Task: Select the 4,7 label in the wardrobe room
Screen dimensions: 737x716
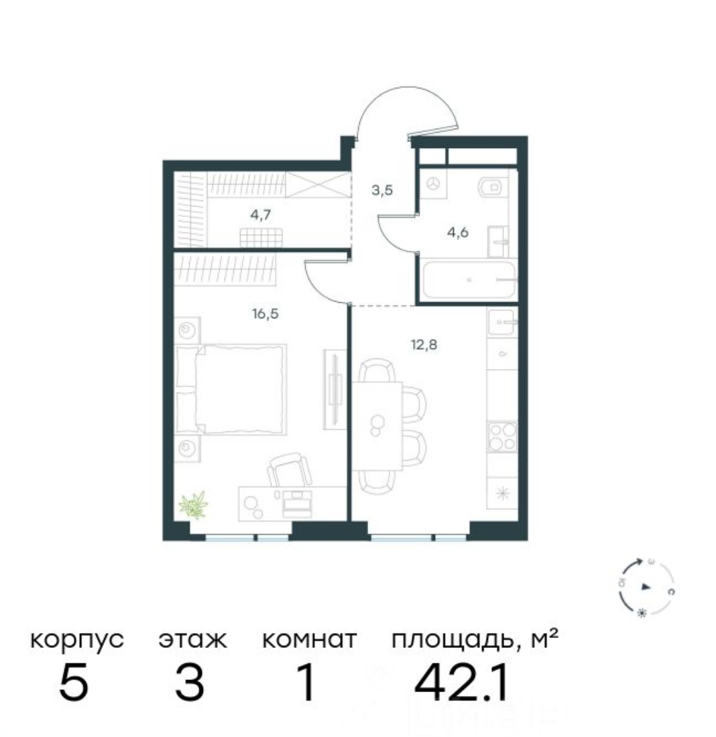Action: [x=261, y=215]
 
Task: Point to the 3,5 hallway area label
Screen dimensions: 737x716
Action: [x=382, y=190]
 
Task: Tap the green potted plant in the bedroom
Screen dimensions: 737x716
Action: [x=194, y=504]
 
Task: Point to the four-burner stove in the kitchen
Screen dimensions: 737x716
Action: [x=501, y=436]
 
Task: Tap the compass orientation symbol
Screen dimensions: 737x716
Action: [x=645, y=587]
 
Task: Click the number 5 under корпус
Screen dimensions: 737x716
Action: [x=74, y=683]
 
